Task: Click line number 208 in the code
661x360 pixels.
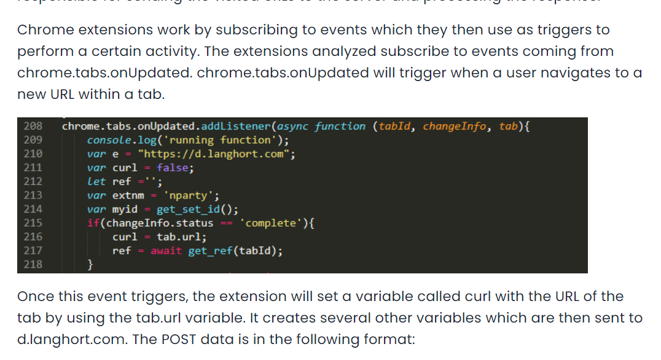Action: click(x=33, y=127)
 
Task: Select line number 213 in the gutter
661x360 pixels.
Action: click(x=33, y=195)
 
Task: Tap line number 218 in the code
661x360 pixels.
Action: click(x=33, y=265)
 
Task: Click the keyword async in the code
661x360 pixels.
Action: click(x=293, y=127)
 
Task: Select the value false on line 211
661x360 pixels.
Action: click(x=174, y=168)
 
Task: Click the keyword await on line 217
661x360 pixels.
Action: click(x=166, y=251)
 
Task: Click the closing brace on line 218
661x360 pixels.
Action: click(x=90, y=265)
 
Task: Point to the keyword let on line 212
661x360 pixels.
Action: click(x=96, y=182)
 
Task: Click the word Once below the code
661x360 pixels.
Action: click(x=35, y=297)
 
